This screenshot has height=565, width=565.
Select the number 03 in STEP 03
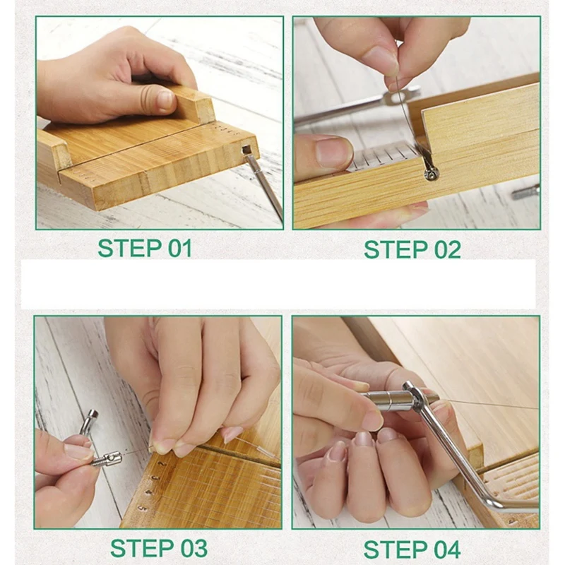(189, 547)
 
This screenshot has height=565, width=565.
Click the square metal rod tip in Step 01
(246, 150)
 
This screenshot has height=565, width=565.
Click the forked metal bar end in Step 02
(396, 98)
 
